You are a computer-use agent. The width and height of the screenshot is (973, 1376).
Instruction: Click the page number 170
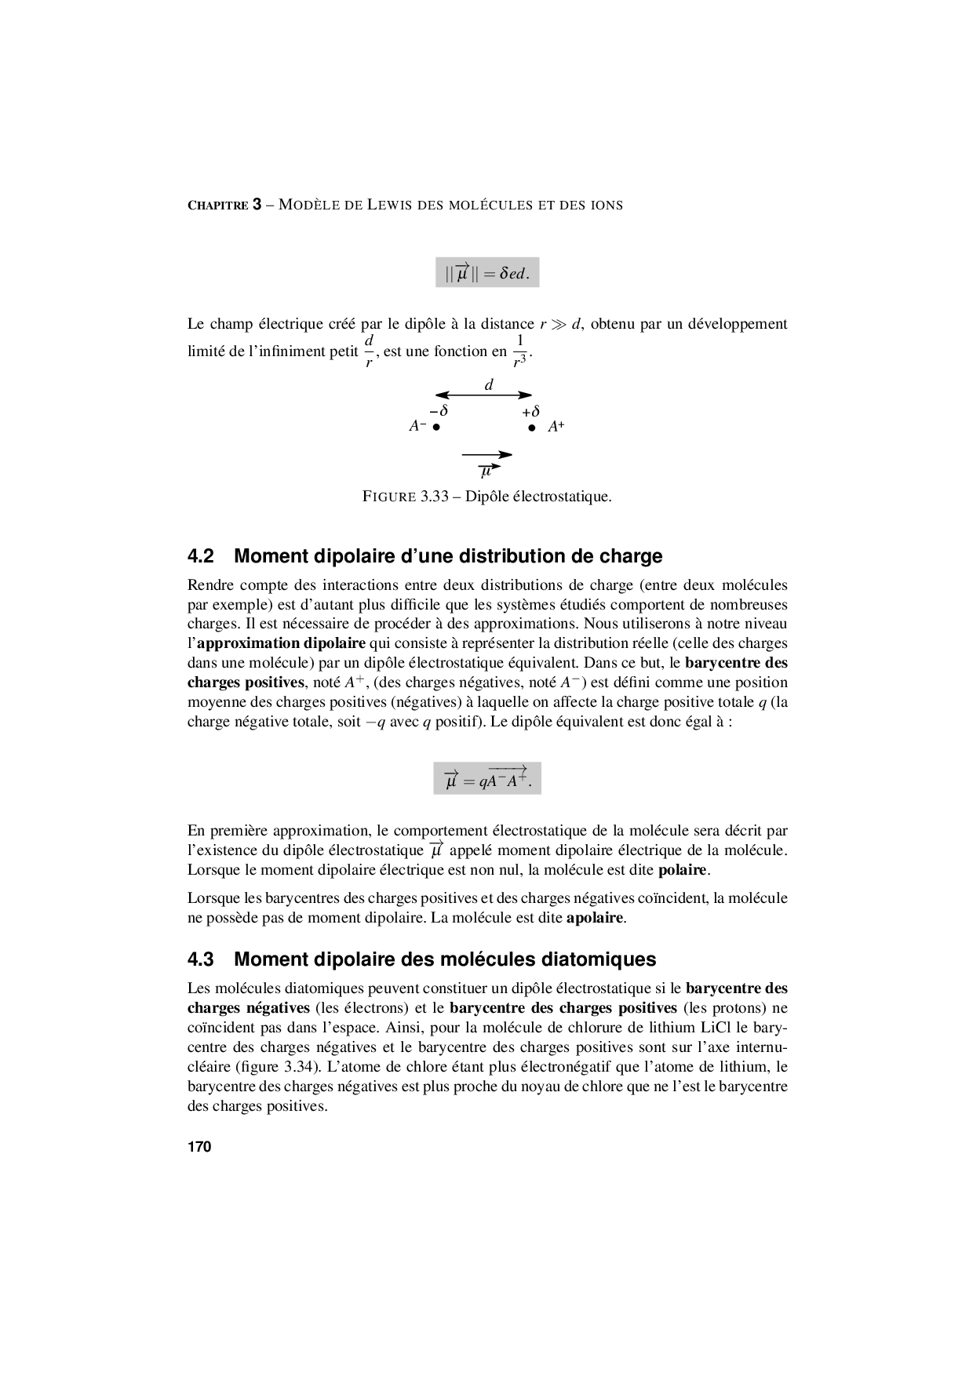click(x=199, y=1147)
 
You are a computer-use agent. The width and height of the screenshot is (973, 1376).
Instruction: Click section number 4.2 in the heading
click(x=201, y=556)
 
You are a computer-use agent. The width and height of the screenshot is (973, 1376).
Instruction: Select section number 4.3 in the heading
click(x=201, y=959)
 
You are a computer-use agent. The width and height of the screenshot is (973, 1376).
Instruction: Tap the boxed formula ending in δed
click(x=487, y=273)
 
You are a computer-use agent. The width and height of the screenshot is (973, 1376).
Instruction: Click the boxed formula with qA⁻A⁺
click(x=487, y=778)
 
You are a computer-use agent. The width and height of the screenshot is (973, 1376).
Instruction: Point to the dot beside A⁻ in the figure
click(x=436, y=428)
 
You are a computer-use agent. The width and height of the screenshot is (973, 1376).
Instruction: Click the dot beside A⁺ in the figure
click(x=531, y=428)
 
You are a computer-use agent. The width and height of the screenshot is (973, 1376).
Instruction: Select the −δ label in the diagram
click(x=439, y=411)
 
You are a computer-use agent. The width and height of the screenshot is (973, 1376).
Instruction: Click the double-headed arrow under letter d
click(x=484, y=395)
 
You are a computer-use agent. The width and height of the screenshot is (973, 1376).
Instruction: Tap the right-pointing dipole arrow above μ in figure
click(x=486, y=454)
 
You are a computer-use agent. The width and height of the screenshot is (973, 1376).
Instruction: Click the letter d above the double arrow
click(x=489, y=384)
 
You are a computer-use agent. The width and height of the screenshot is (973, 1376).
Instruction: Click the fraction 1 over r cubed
click(x=519, y=351)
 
